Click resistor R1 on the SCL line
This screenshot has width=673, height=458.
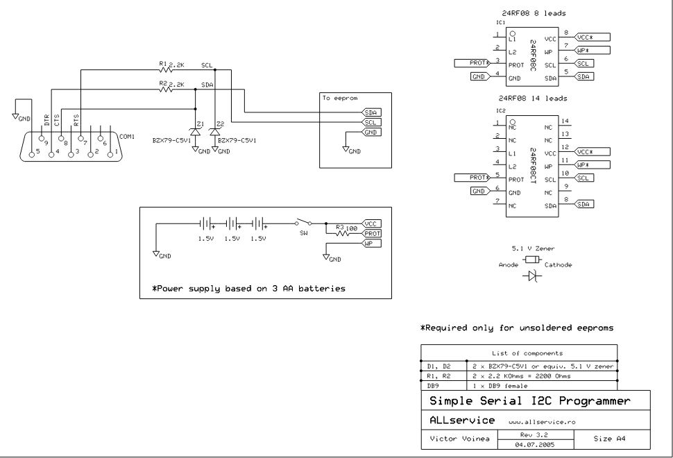165,69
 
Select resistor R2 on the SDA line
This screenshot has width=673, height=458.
165,90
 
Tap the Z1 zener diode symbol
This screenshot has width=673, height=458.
196,131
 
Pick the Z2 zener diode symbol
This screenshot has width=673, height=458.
214,131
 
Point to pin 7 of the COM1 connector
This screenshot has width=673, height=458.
80,138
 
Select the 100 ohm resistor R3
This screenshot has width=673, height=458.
343,233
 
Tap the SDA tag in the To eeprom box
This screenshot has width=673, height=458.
372,112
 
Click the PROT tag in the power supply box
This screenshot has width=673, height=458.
372,233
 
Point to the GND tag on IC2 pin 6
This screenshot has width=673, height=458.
479,191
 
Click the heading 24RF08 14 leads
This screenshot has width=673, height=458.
533,99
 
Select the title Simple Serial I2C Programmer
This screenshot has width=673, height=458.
529,401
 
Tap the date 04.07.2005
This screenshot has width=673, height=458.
534,445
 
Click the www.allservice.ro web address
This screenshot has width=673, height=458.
542,422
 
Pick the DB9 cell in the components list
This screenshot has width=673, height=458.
433,385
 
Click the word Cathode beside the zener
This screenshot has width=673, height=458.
558,265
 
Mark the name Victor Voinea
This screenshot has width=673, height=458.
459,439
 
